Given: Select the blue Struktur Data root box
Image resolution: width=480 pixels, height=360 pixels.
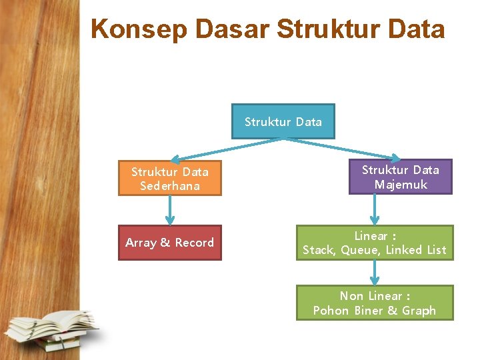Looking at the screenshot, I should [x=283, y=121].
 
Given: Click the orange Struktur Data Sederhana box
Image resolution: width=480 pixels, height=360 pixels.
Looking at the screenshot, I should [x=169, y=179].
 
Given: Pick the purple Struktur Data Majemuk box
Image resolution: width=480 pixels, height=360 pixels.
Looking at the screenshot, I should [x=400, y=177].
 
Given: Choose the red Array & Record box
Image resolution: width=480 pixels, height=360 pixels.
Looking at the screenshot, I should [x=169, y=243].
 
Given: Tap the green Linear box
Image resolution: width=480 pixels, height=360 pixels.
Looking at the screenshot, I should [x=374, y=243].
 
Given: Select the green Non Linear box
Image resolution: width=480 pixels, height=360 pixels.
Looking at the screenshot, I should [x=374, y=303].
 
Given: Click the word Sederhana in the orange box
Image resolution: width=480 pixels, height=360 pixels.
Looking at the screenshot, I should [x=170, y=186].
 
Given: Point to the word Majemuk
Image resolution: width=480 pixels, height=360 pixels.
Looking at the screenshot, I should [x=401, y=185].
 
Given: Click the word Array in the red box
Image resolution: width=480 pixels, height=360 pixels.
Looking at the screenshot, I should [x=141, y=243].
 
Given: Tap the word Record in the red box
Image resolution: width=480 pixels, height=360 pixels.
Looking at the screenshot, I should [x=194, y=243].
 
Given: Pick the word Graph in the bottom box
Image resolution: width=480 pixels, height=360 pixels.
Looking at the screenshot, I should [x=419, y=311].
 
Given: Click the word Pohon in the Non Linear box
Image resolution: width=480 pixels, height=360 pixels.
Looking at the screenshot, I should [x=331, y=311].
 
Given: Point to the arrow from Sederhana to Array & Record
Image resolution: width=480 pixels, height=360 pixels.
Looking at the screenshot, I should [x=170, y=211].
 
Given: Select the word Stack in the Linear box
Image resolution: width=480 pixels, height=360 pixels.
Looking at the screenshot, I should [x=319, y=250].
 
